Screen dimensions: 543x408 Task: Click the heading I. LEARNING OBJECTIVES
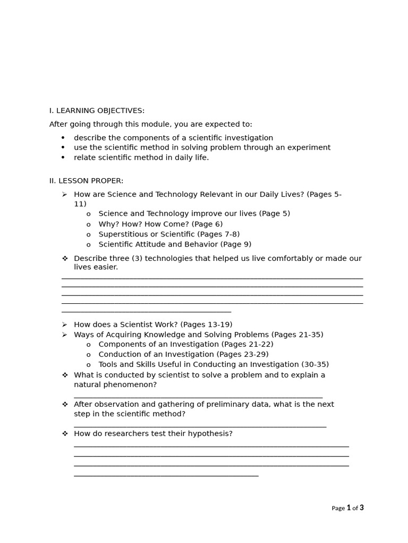pos(97,111)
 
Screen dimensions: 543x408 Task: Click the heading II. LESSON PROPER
pos(86,181)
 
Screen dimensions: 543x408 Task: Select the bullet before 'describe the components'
pos(63,138)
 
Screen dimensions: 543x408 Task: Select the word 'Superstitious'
pos(123,234)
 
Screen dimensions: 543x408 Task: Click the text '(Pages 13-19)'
pos(206,325)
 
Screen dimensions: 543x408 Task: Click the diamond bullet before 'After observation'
pos(65,404)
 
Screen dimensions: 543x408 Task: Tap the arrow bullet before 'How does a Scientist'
pos(65,325)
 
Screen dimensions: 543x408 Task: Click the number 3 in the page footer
pos(362,507)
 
